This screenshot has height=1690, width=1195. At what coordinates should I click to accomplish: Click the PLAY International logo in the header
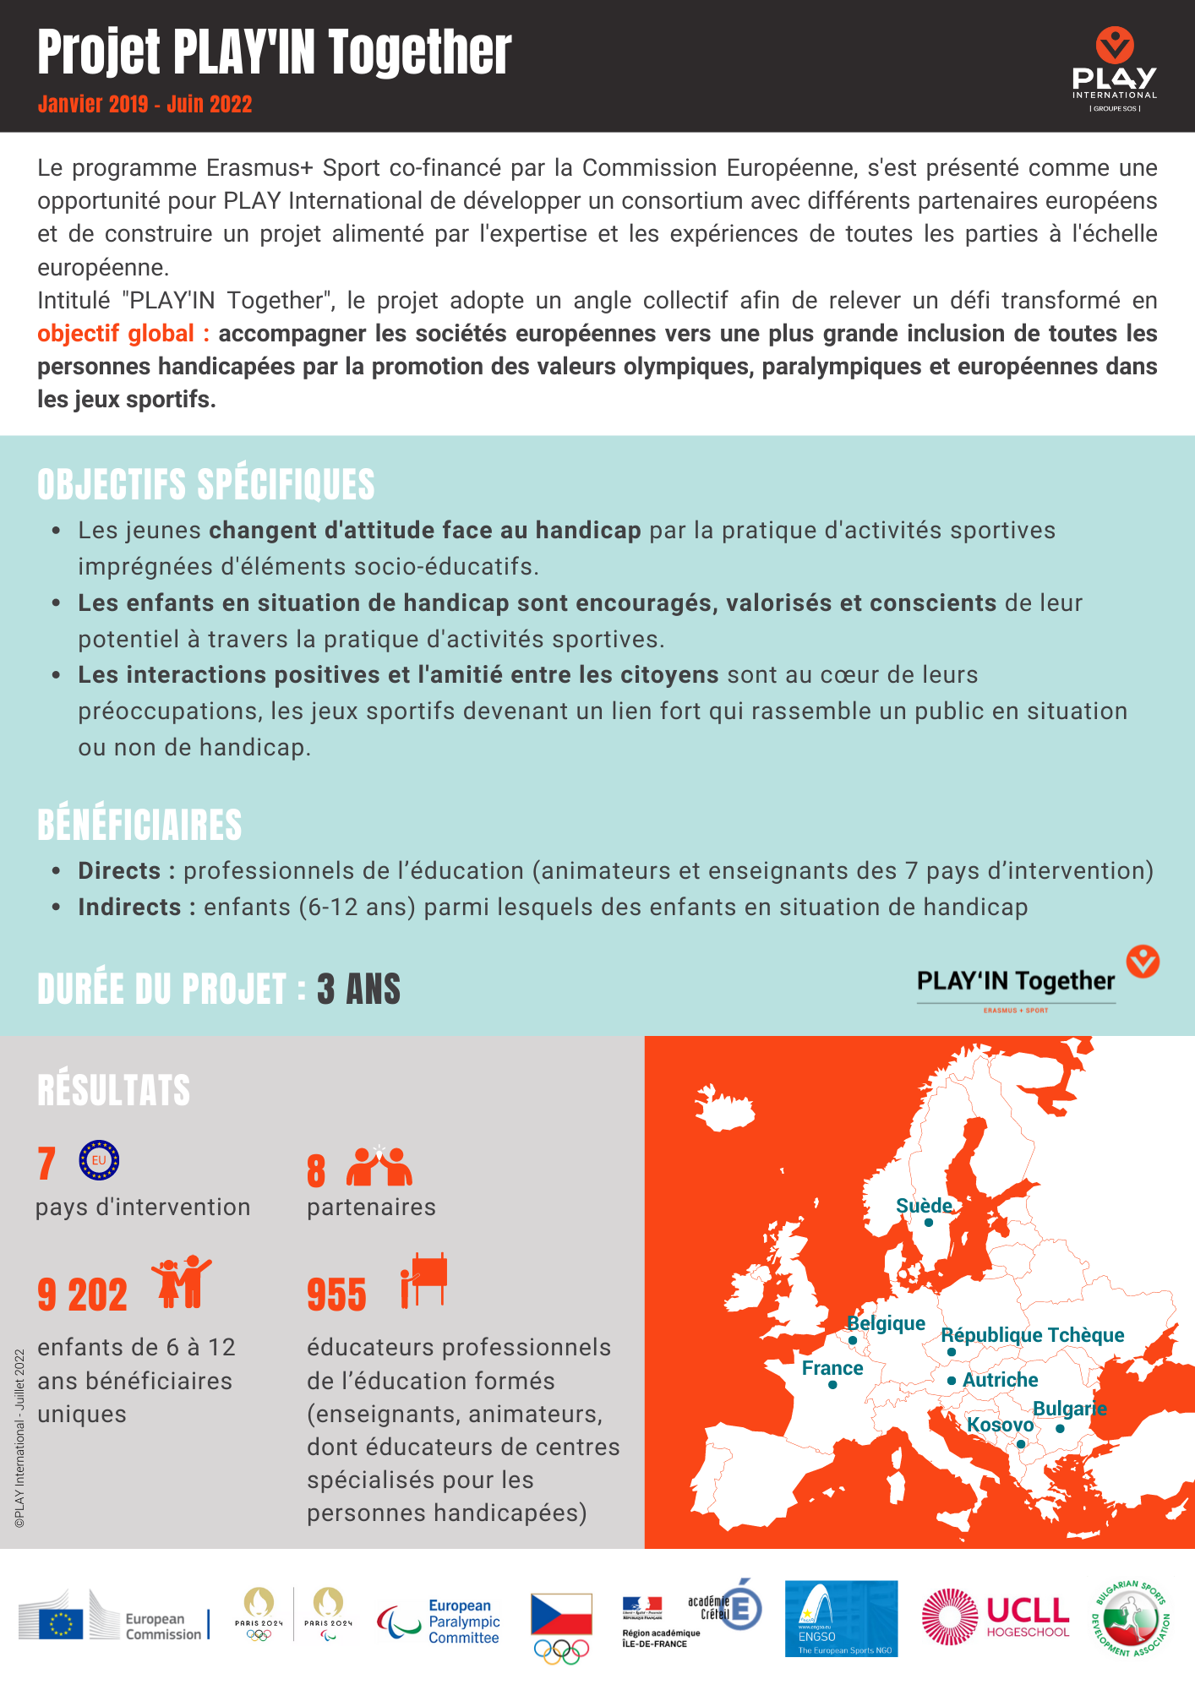(1114, 69)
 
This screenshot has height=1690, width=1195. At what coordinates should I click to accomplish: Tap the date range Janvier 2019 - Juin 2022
(145, 105)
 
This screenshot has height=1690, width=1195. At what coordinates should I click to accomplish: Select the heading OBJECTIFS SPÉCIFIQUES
(205, 485)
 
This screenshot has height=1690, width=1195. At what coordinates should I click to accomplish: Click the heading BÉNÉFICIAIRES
(139, 826)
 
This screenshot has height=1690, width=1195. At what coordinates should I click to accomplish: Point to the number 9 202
(82, 1295)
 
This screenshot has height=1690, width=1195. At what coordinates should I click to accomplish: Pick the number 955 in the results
(336, 1295)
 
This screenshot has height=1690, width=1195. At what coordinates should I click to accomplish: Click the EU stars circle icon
(99, 1161)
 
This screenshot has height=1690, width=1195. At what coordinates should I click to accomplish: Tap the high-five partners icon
(379, 1167)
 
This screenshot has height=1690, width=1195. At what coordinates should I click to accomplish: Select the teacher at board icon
(424, 1281)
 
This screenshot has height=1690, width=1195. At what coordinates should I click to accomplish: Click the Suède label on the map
(924, 1206)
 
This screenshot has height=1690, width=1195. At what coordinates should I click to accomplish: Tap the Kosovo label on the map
(1000, 1425)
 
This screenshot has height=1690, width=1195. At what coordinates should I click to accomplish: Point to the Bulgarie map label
(1069, 1409)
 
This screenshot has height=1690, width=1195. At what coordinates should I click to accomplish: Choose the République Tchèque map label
(1032, 1335)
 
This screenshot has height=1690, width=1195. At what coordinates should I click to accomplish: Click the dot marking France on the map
(832, 1385)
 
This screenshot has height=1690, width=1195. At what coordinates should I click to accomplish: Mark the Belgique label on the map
(886, 1323)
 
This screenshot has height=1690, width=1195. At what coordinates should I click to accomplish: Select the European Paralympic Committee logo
(439, 1622)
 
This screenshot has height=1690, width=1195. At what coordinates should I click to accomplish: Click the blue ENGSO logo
(841, 1619)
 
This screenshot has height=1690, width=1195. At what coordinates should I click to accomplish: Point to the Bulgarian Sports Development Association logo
(1130, 1618)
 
